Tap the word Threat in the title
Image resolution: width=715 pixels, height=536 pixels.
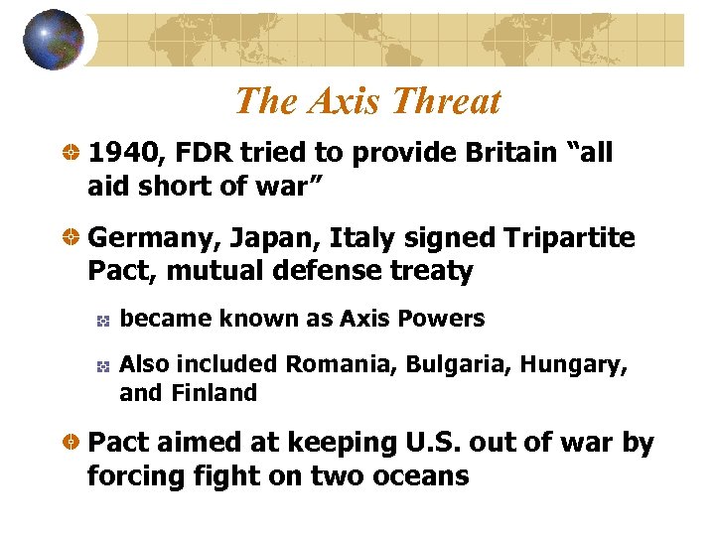coord(446,101)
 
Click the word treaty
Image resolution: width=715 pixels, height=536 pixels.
coord(428,271)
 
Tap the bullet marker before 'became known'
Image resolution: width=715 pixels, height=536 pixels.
coord(101,320)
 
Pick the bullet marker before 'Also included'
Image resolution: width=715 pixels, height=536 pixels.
coord(101,365)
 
